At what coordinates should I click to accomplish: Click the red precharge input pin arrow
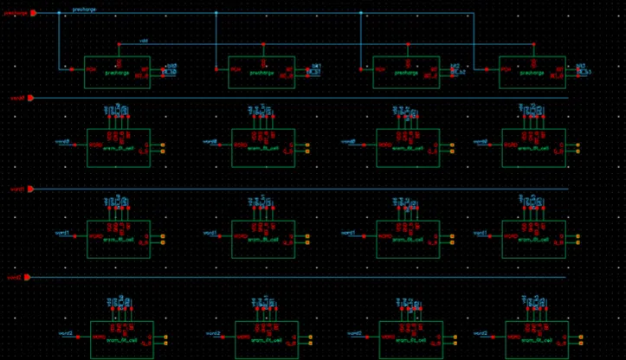click(x=32, y=13)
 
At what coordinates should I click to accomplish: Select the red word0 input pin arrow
click(x=30, y=98)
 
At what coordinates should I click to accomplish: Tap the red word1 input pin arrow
click(x=30, y=189)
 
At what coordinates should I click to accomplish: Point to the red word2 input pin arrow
click(x=30, y=278)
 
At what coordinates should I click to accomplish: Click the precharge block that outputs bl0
click(x=117, y=72)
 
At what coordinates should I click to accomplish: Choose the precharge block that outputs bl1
click(x=261, y=72)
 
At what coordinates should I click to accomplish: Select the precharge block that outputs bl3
click(x=532, y=72)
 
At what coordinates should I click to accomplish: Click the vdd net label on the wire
click(x=144, y=41)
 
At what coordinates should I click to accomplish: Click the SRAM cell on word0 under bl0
click(x=118, y=148)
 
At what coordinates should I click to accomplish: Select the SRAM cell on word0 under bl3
click(x=533, y=148)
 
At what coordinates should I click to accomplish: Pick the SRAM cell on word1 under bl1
click(x=263, y=239)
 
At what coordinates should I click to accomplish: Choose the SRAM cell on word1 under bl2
click(x=408, y=239)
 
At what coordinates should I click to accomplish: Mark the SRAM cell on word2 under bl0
click(x=121, y=339)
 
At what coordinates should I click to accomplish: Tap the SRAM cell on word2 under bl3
click(x=537, y=339)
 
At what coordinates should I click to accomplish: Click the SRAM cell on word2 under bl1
click(x=266, y=339)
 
